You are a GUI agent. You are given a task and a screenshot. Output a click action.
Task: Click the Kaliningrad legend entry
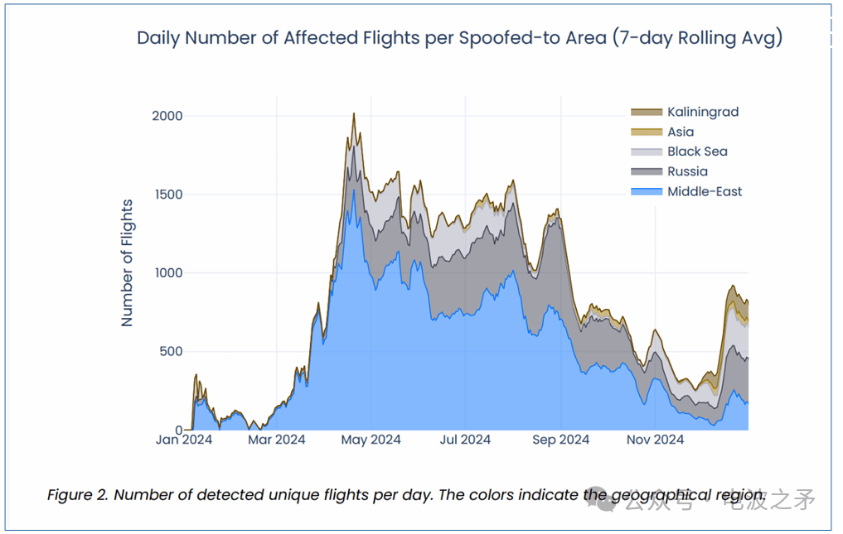click(702, 112)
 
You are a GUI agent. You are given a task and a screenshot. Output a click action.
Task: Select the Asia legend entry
click(681, 132)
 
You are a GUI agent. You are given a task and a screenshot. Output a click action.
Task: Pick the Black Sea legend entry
click(697, 152)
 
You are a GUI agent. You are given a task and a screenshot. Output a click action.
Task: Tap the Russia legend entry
click(687, 171)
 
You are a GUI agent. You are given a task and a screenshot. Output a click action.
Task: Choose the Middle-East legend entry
click(705, 191)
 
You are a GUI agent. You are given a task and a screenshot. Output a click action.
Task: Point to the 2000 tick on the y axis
click(167, 116)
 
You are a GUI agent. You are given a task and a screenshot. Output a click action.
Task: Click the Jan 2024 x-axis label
click(184, 440)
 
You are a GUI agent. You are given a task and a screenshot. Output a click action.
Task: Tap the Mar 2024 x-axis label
click(277, 440)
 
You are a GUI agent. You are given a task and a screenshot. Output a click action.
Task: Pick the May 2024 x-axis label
click(372, 440)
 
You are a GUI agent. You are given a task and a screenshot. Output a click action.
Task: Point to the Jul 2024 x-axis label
click(465, 440)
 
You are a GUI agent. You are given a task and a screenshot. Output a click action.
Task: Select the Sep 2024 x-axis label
click(561, 440)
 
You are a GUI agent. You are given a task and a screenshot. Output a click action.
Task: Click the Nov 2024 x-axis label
click(655, 440)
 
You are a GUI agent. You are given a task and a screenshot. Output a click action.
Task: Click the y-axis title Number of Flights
click(128, 262)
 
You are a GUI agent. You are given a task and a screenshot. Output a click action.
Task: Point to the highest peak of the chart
click(354, 114)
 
